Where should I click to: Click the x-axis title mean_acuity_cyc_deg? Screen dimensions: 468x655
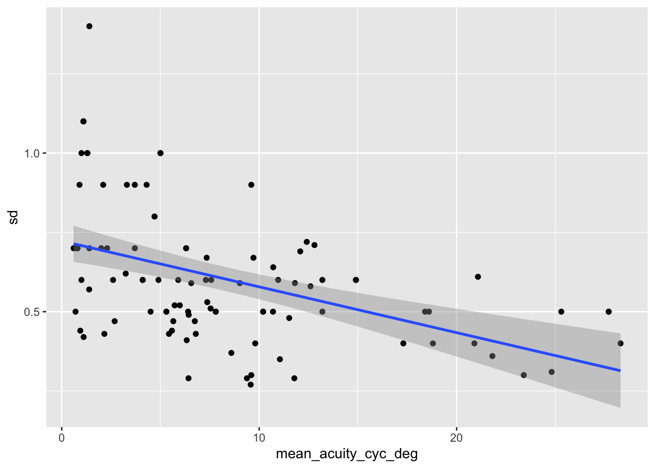(347, 454)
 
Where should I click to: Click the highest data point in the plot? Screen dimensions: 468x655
(89, 26)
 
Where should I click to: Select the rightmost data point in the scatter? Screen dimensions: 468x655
(620, 343)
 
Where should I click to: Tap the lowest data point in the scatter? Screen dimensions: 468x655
(250, 385)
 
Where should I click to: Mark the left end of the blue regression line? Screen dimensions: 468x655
(74, 243)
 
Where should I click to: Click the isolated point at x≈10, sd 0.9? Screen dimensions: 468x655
(251, 185)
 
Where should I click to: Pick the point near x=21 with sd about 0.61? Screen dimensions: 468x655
(478, 277)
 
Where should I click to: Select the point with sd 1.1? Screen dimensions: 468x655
(83, 121)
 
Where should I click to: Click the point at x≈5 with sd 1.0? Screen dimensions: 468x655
(160, 153)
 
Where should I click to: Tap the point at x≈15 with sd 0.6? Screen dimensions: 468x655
(356, 280)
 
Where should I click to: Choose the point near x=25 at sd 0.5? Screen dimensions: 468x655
(561, 312)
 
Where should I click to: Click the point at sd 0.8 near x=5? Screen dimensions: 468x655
(154, 216)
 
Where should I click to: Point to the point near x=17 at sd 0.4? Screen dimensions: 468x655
(403, 343)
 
